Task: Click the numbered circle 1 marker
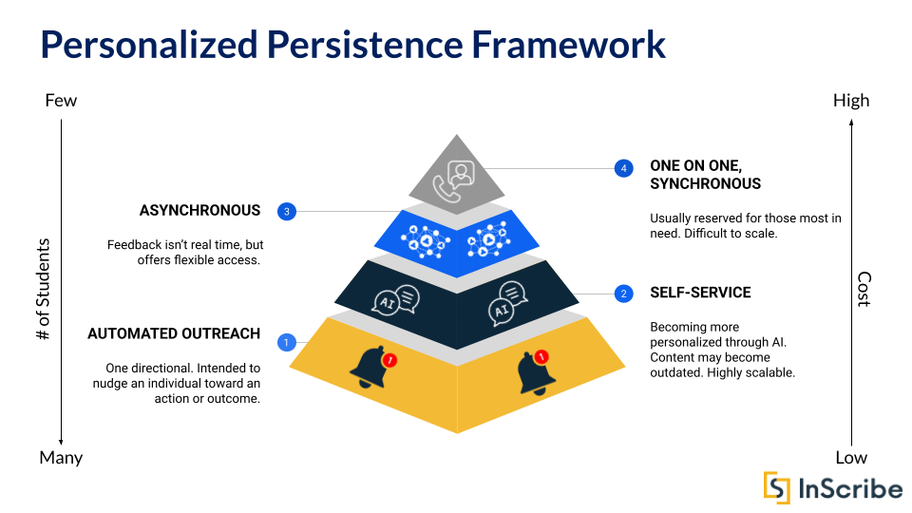286,342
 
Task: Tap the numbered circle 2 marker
623,294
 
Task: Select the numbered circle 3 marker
286,211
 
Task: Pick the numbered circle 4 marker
623,168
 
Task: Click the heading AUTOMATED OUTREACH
174,333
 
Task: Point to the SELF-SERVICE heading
700,293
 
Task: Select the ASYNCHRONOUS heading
199,210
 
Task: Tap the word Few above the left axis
61,101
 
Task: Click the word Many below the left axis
61,458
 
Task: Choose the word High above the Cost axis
850,101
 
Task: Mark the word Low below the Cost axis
850,458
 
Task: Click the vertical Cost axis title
864,289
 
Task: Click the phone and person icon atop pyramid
459,179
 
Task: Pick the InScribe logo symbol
777,486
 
